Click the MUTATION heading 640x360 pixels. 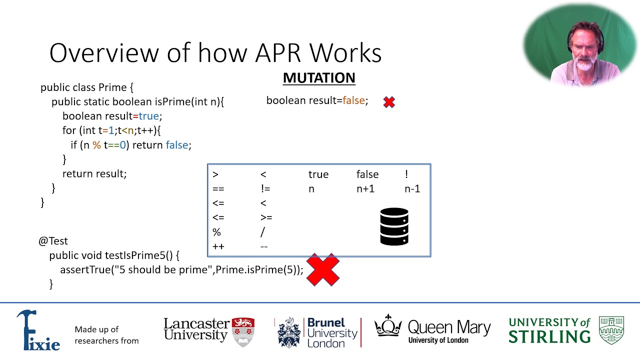(319, 78)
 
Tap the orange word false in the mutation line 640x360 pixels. (353, 100)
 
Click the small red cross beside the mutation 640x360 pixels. (389, 102)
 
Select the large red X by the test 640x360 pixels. (323, 270)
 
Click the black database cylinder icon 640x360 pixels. (394, 226)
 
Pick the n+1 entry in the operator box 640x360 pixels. (365, 189)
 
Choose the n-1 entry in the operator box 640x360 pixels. (412, 189)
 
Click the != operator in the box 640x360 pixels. (265, 189)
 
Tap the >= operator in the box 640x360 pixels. (266, 217)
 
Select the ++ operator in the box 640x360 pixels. (218, 246)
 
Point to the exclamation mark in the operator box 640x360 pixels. (406, 174)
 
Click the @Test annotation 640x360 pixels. (53, 241)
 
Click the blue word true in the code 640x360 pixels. (148, 116)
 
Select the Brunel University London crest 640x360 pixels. (289, 332)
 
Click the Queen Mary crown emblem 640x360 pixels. (388, 326)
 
